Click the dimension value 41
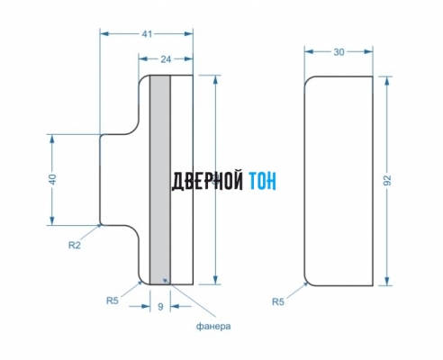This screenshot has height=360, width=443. coord(147,34)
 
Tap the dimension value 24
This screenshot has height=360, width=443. coord(166,59)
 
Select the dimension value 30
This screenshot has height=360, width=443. coord(339,52)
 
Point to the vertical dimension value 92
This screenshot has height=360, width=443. coord(388,180)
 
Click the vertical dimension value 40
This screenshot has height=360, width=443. coord(52,179)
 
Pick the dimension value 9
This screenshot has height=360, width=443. coord(160,307)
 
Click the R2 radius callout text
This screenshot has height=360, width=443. coord(75,245)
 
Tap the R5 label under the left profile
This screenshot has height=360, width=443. coord(113,301)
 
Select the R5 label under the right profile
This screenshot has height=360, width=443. coord(278,301)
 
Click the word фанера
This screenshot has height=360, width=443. coord(213,326)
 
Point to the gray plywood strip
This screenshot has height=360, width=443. coord(160,180)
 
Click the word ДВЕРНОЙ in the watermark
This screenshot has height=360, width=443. coord(207,181)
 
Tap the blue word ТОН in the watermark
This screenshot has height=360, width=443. coord(263,181)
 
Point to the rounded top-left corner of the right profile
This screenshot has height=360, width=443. coord(309,80)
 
